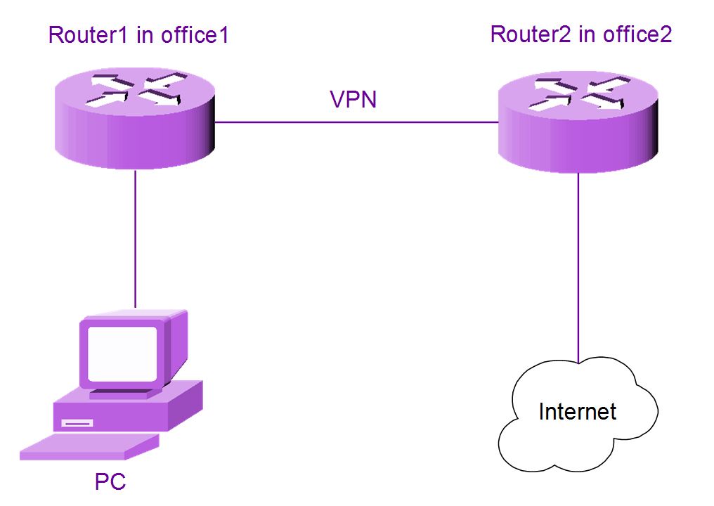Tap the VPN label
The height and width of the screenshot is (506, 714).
pyautogui.click(x=353, y=99)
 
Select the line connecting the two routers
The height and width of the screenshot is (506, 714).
pyautogui.click(x=355, y=122)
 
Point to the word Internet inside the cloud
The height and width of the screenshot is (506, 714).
pyautogui.click(x=578, y=411)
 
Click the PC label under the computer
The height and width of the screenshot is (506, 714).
pyautogui.click(x=110, y=482)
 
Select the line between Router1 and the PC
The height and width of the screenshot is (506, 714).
pyautogui.click(x=134, y=239)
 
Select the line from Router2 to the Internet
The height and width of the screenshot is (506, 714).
pyautogui.click(x=578, y=267)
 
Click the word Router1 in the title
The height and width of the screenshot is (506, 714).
pyautogui.click(x=89, y=35)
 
